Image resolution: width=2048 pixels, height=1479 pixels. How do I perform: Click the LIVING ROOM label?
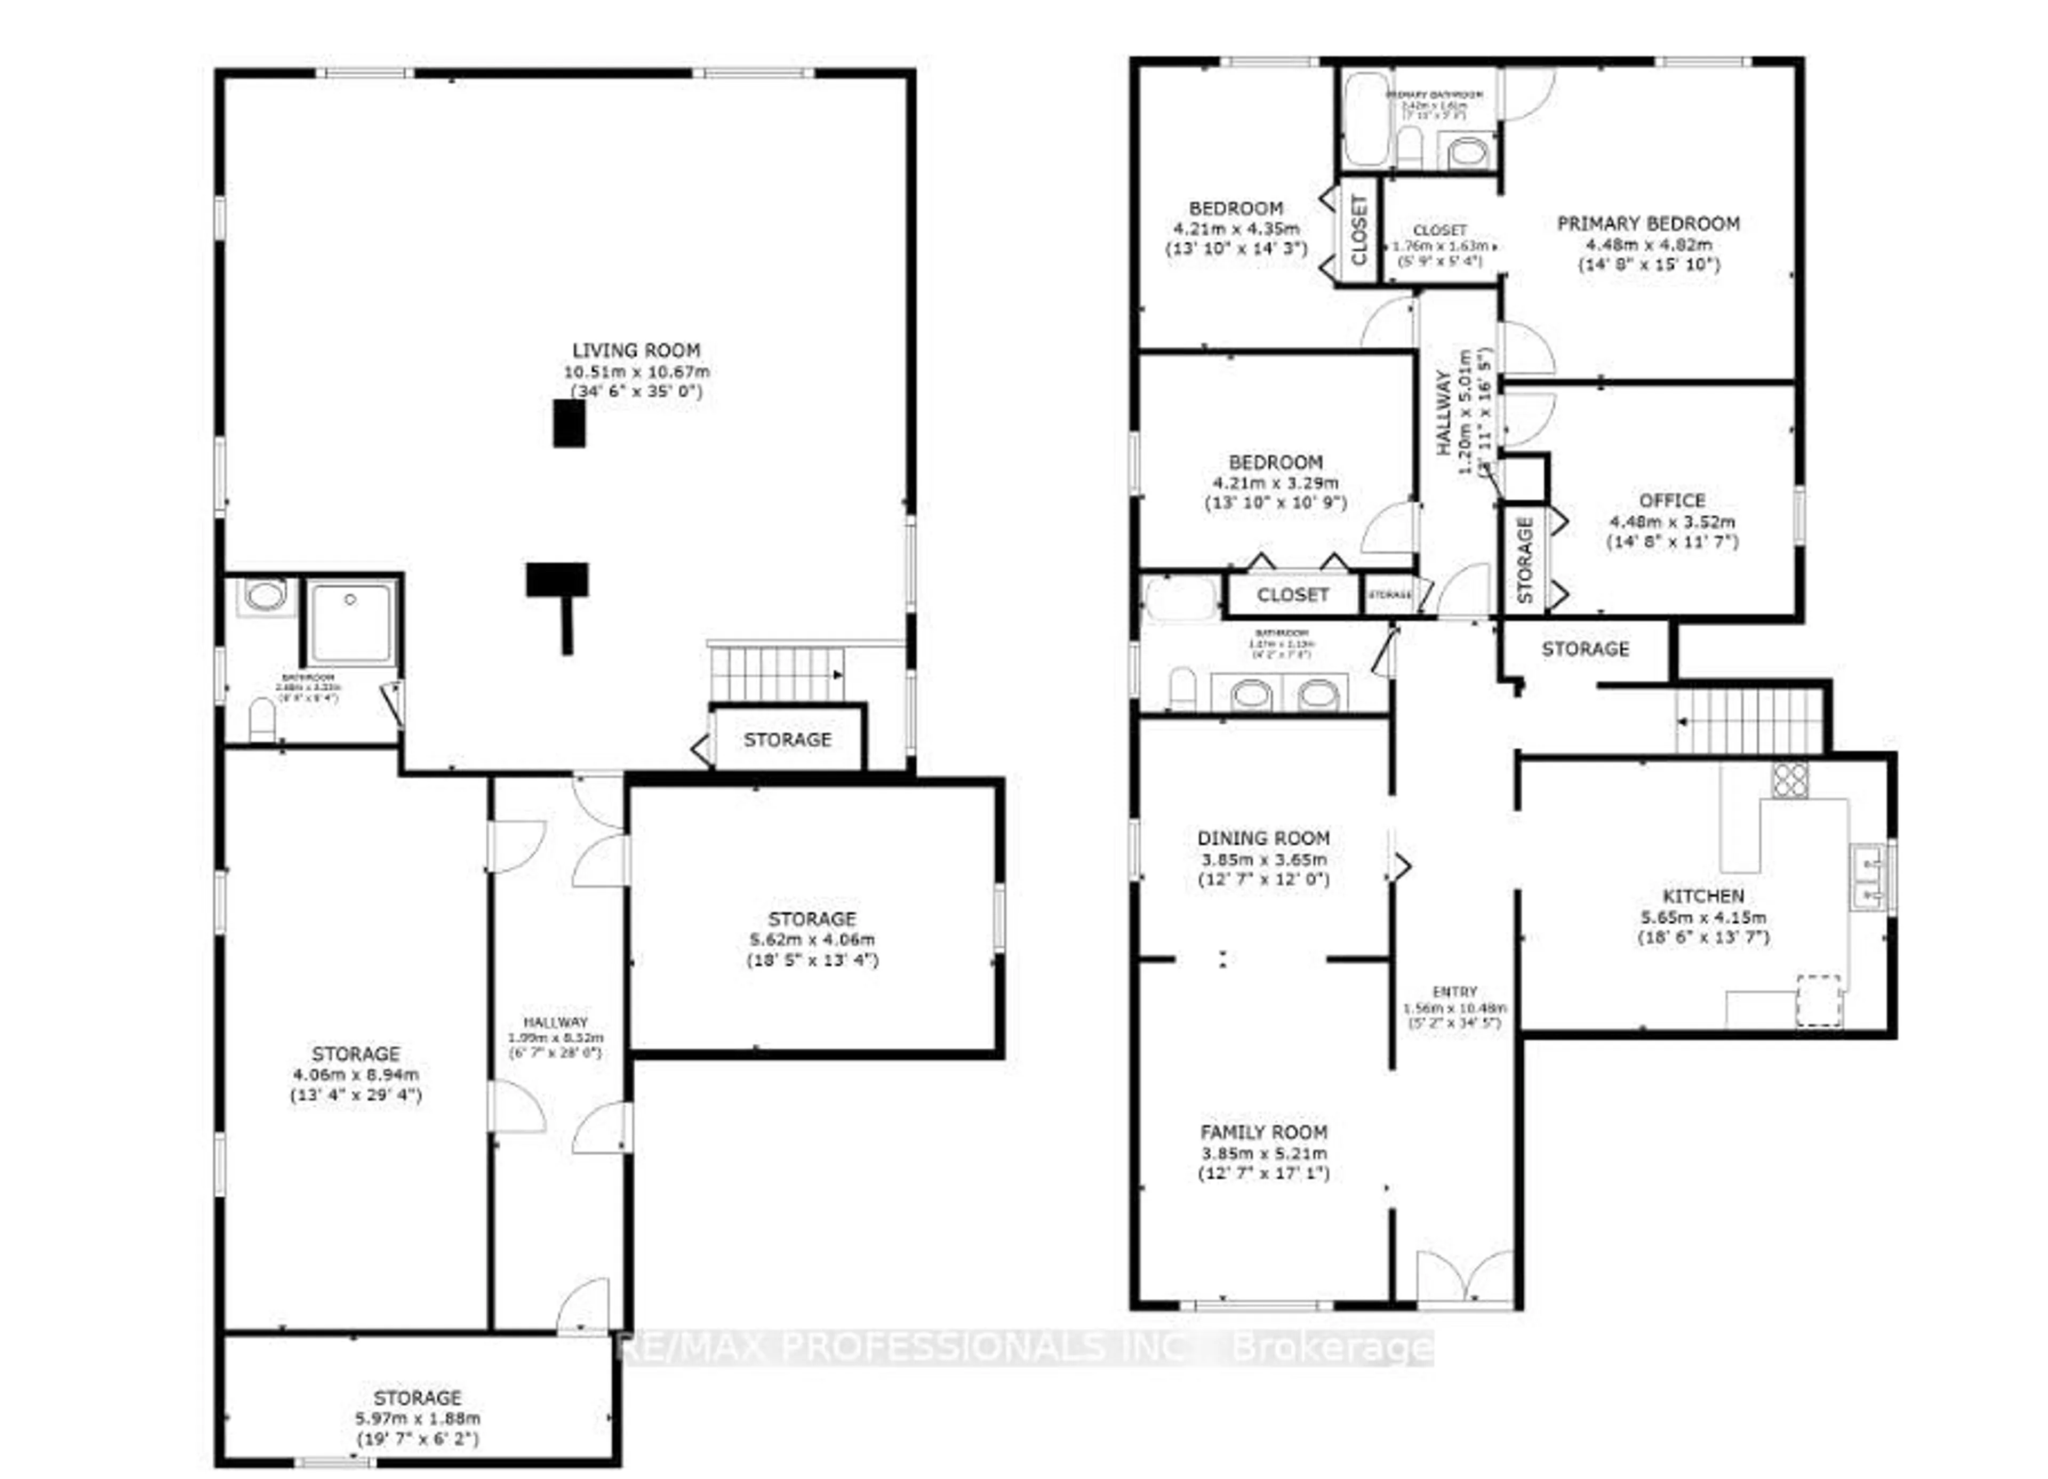pos(636,350)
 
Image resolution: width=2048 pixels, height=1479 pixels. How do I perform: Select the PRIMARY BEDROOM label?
pos(1648,223)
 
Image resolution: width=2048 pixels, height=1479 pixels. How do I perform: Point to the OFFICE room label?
pos(1671,500)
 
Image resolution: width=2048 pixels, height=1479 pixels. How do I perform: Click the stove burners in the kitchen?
pos(1789,780)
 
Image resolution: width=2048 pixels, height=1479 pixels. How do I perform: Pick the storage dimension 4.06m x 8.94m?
pos(356,1075)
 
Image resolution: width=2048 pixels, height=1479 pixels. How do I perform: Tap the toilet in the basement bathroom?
pos(262,719)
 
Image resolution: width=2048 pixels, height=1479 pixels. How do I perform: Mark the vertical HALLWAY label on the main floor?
pos(1443,413)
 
